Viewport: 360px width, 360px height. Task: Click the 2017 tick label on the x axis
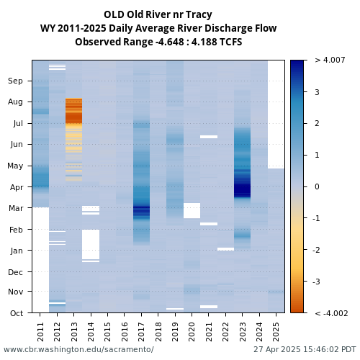click(x=141, y=332)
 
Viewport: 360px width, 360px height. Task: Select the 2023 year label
click(x=243, y=332)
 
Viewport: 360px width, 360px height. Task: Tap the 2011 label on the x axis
click(x=40, y=332)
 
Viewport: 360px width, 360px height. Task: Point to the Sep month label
click(x=15, y=81)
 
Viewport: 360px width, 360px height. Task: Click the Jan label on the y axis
click(x=17, y=251)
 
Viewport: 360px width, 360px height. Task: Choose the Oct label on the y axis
click(x=17, y=313)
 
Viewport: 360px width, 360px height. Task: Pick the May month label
click(x=15, y=166)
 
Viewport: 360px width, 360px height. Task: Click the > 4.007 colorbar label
click(x=330, y=60)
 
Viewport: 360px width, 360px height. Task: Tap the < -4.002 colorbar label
click(x=331, y=313)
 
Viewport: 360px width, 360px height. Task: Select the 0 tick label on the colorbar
click(x=317, y=186)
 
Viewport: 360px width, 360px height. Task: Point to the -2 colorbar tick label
click(x=316, y=250)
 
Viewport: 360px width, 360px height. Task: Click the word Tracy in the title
click(x=199, y=15)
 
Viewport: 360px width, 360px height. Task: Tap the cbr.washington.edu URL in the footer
click(x=78, y=349)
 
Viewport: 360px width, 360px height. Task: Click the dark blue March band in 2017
click(x=141, y=212)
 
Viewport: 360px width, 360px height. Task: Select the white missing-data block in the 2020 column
click(x=192, y=210)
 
